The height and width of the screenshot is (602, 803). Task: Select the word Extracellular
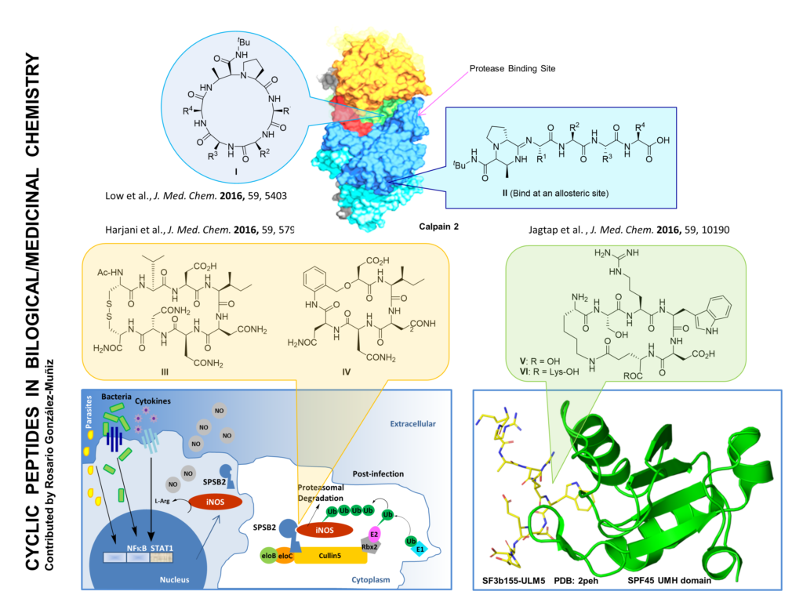(412, 424)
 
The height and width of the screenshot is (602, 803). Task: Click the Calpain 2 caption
(439, 225)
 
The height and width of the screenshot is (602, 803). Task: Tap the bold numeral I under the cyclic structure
(232, 168)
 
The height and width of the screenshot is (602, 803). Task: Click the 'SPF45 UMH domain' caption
(671, 582)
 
